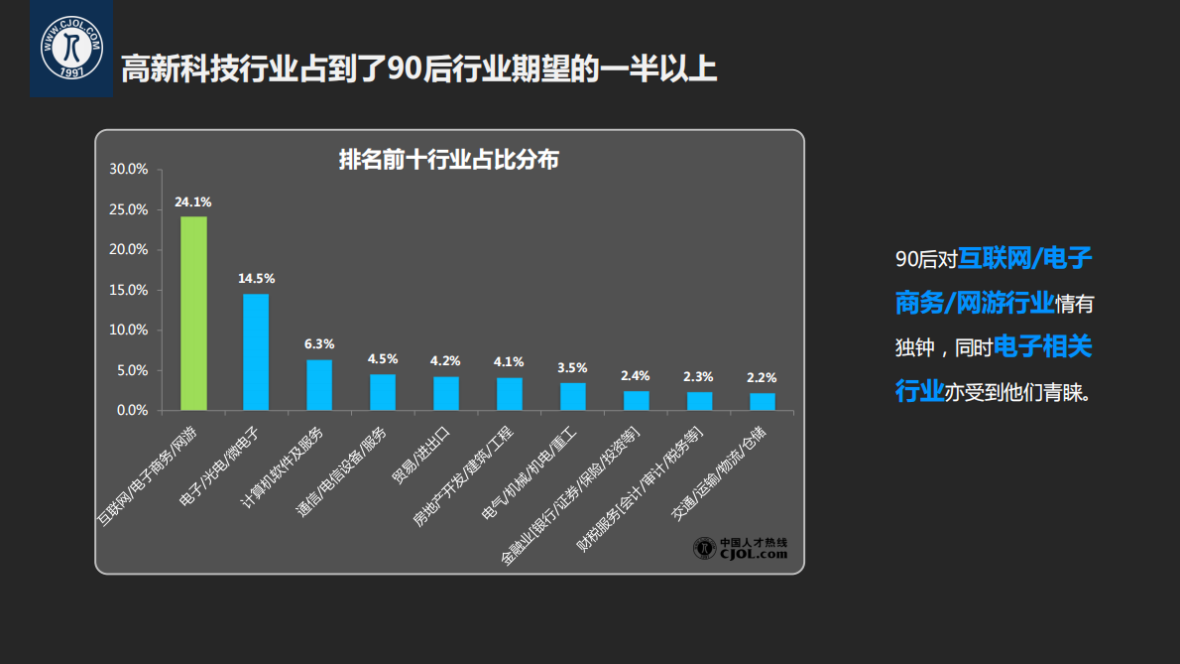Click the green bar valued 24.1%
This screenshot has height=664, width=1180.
[193, 313]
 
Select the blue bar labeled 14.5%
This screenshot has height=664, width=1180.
[256, 351]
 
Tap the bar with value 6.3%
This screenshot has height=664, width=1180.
[319, 384]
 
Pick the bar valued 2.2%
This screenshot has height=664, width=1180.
[763, 401]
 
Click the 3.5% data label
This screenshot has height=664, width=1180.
[572, 367]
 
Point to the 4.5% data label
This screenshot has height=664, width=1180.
[383, 359]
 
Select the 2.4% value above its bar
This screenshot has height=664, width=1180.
[636, 375]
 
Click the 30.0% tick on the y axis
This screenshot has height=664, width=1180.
[129, 169]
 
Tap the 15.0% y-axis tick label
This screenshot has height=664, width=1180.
[129, 290]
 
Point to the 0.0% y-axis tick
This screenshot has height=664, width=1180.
[132, 410]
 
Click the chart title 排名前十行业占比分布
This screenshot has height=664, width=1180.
[449, 159]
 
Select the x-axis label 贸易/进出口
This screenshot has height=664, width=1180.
[421, 457]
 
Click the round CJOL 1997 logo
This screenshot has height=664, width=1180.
[70, 48]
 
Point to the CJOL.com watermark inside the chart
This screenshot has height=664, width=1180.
[741, 549]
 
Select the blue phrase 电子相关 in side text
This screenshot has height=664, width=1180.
[1042, 347]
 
